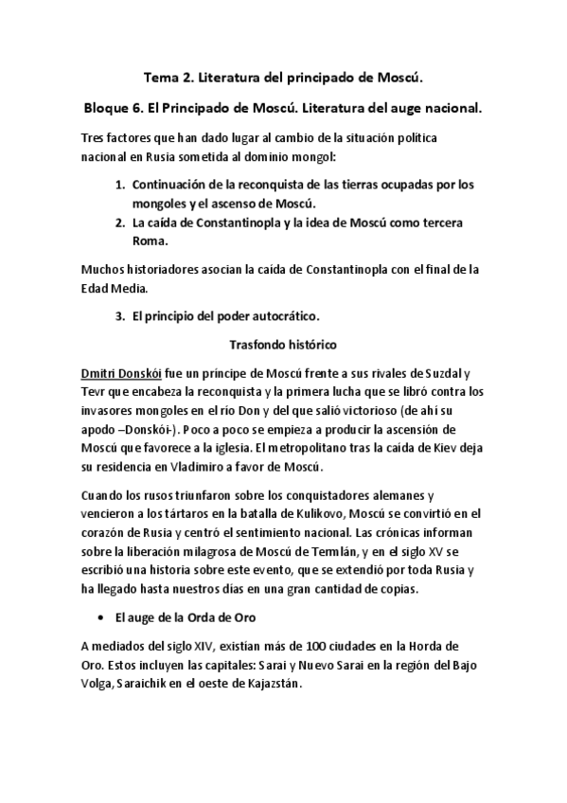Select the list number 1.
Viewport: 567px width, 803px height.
click(120, 186)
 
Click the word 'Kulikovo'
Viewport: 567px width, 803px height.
click(309, 512)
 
